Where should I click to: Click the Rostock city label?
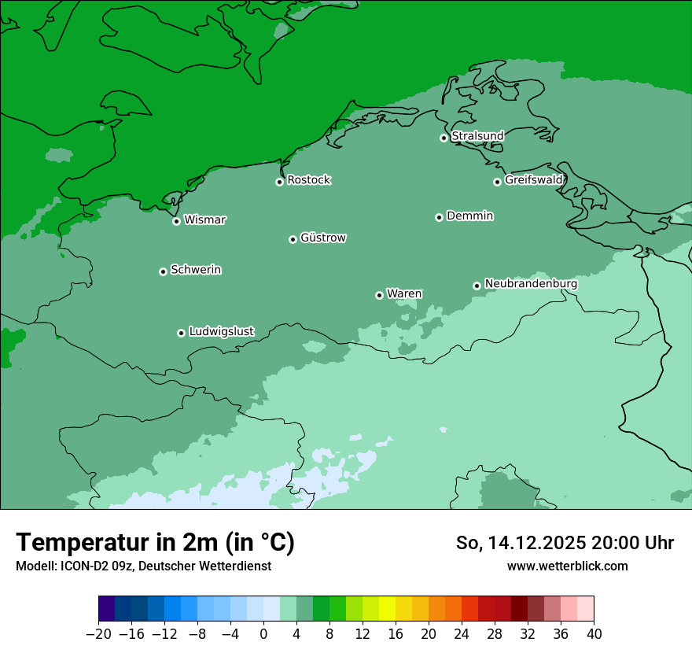308,180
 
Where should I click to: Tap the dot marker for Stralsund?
444,138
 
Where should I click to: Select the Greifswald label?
533,180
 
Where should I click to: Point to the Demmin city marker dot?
439,217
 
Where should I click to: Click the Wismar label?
204,220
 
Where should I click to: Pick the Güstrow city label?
322,238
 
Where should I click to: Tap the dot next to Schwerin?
163,271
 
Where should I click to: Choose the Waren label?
404,294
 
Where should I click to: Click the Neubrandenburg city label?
531,284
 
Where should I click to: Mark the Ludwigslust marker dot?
181,333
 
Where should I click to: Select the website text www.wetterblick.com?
567,566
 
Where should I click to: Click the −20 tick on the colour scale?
98,634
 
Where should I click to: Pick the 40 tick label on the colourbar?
594,634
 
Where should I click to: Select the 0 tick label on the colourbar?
263,634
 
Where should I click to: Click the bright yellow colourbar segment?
387,609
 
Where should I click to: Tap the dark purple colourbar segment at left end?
107,609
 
